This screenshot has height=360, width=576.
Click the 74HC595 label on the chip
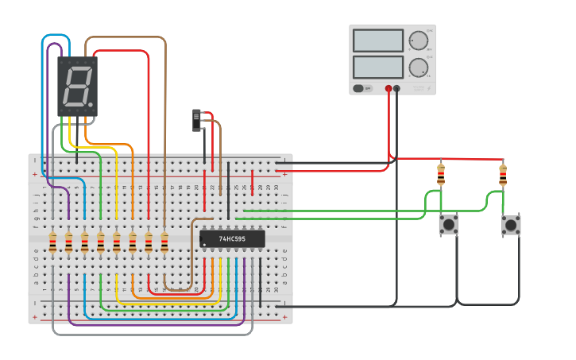click(232, 238)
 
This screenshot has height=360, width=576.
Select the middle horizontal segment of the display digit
click(77, 87)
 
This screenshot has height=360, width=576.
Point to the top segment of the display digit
click(79, 68)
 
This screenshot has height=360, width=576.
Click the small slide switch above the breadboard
click(197, 120)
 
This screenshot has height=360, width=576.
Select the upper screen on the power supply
click(378, 41)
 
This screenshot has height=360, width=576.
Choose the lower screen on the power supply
click(378, 67)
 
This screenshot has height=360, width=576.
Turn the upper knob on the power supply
click(417, 41)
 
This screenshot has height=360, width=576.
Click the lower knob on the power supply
click(417, 68)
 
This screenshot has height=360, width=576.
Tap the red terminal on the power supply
click(389, 89)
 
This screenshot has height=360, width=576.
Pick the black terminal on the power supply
click(396, 89)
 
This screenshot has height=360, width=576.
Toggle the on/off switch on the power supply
click(358, 88)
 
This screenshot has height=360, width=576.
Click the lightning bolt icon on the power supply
click(430, 89)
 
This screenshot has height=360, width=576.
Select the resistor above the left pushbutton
click(441, 174)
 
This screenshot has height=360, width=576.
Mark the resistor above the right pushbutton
click(502, 174)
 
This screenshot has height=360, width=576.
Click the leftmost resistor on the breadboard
click(52, 242)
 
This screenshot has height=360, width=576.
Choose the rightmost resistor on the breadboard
click(164, 242)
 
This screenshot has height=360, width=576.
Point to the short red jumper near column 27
click(253, 181)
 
